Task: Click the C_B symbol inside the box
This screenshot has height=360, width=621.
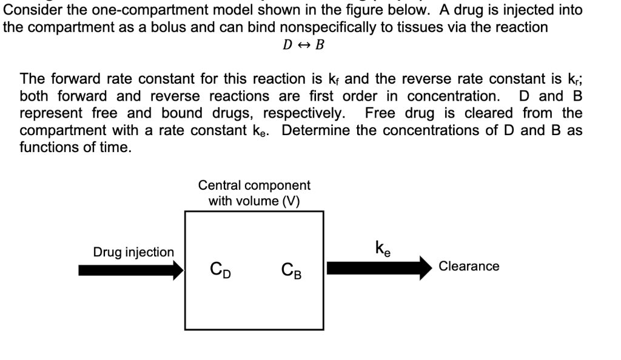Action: [x=292, y=269]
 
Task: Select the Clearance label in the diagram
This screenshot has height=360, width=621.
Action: [x=469, y=266]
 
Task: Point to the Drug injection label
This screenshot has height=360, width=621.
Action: [x=133, y=252]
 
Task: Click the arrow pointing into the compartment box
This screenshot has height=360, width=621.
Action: [x=131, y=269]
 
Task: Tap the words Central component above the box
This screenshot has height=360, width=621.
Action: [x=254, y=185]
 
